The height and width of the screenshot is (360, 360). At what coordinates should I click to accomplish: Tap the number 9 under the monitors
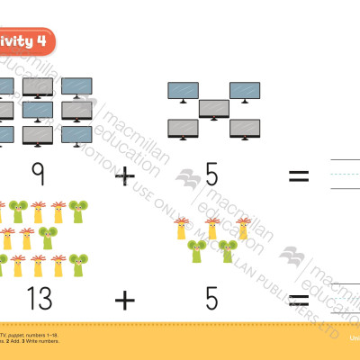pyautogui.click(x=37, y=174)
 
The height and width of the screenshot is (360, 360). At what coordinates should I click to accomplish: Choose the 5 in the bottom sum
pyautogui.click(x=211, y=297)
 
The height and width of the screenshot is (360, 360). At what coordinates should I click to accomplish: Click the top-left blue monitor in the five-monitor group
pyautogui.click(x=184, y=91)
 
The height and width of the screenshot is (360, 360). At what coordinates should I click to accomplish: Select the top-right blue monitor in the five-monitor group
pyautogui.click(x=244, y=91)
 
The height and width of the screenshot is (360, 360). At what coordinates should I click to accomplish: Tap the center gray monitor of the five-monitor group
pyautogui.click(x=214, y=109)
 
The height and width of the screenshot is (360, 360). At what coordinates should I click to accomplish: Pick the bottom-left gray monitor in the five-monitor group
pyautogui.click(x=184, y=129)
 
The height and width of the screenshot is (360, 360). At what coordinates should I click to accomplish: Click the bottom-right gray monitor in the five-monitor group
pyautogui.click(x=244, y=129)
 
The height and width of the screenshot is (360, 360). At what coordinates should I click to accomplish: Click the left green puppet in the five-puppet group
pyautogui.click(x=197, y=251)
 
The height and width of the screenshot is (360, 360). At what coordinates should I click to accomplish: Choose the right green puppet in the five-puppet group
pyautogui.click(x=228, y=251)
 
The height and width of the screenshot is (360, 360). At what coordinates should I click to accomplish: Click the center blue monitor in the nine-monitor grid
pyautogui.click(x=38, y=111)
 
